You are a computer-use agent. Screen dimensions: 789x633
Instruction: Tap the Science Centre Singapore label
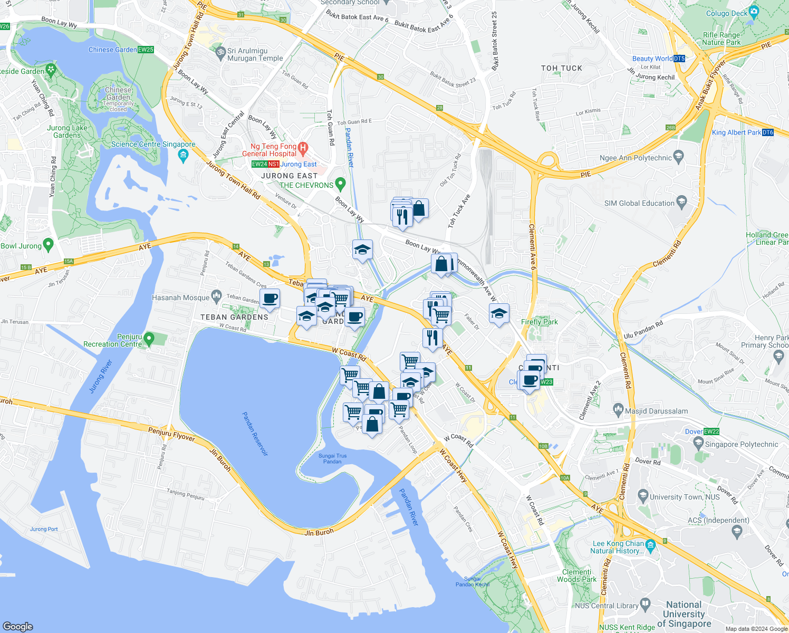[x=153, y=144]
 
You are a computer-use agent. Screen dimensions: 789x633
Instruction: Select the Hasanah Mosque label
[x=181, y=298]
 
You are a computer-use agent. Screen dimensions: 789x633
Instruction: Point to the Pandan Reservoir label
[x=255, y=434]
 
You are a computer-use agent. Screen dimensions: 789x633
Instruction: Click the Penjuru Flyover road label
[x=171, y=434]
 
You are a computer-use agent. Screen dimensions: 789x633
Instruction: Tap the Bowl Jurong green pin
[x=49, y=245]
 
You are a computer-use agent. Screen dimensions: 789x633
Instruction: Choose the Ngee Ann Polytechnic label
[x=636, y=158]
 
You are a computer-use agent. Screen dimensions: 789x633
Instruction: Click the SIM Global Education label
[x=639, y=203]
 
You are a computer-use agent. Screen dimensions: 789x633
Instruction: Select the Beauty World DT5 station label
[x=658, y=59]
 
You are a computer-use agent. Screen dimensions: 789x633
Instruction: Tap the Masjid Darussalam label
[x=656, y=411]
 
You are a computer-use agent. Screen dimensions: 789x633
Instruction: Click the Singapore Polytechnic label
[x=741, y=444]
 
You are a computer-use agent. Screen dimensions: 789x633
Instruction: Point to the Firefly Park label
[x=539, y=322]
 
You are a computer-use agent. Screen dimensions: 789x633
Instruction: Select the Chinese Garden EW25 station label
[x=121, y=50]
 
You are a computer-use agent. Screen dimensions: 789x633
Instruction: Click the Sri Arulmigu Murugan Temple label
[x=255, y=55]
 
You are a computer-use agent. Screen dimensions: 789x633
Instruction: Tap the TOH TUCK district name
[x=562, y=68]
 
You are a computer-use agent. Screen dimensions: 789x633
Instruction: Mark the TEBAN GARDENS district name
[x=234, y=317]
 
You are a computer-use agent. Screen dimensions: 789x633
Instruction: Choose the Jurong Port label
[x=44, y=529]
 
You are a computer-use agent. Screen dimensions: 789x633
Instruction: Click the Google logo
[x=17, y=626]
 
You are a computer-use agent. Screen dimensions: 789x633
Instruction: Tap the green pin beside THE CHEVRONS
[x=340, y=184]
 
